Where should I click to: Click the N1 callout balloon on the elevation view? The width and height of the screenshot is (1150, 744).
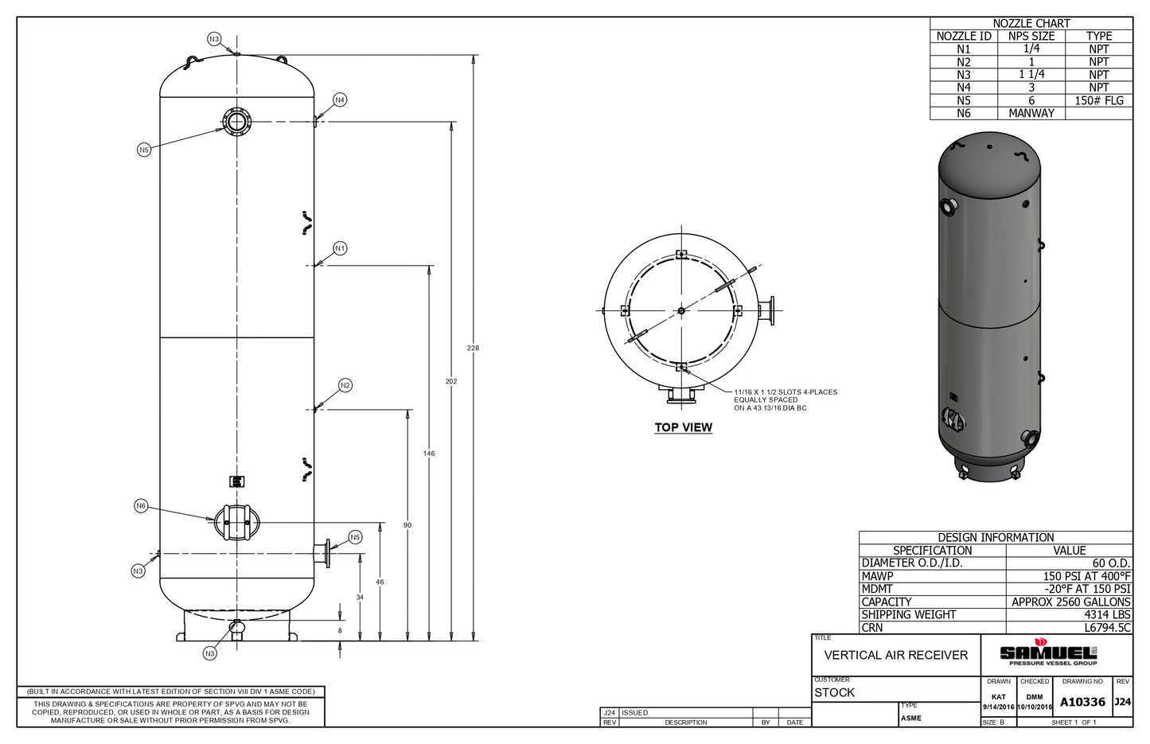pyautogui.click(x=340, y=248)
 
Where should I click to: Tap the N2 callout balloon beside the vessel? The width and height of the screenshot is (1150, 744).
pyautogui.click(x=345, y=385)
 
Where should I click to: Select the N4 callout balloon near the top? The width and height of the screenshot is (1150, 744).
pyautogui.click(x=340, y=99)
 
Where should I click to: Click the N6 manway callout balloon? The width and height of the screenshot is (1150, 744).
pyautogui.click(x=141, y=506)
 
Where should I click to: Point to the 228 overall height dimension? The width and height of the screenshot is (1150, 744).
pyautogui.click(x=474, y=348)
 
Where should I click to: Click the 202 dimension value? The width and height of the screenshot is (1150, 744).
pyautogui.click(x=451, y=382)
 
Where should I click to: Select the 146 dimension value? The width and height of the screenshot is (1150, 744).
pyautogui.click(x=429, y=454)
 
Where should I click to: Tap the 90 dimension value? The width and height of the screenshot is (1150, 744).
pyautogui.click(x=407, y=525)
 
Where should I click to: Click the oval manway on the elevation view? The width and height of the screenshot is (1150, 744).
pyautogui.click(x=237, y=522)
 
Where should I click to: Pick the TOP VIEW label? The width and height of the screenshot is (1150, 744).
pyautogui.click(x=683, y=427)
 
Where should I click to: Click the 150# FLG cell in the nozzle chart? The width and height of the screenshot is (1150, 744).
pyautogui.click(x=1098, y=100)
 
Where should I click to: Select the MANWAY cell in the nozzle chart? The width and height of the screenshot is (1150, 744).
pyautogui.click(x=1031, y=113)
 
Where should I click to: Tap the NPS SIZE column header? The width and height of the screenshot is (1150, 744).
pyautogui.click(x=1031, y=36)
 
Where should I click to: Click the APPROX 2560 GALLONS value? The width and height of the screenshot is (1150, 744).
pyautogui.click(x=1070, y=602)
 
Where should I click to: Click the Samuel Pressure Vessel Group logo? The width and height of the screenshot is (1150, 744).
pyautogui.click(x=1047, y=654)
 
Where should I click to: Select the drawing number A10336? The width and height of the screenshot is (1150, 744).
pyautogui.click(x=1082, y=702)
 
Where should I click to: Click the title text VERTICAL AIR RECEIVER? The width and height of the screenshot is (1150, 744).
pyautogui.click(x=895, y=655)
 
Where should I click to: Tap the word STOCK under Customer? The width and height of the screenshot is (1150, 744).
pyautogui.click(x=834, y=692)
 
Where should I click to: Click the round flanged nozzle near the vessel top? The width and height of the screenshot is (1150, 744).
pyautogui.click(x=236, y=122)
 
